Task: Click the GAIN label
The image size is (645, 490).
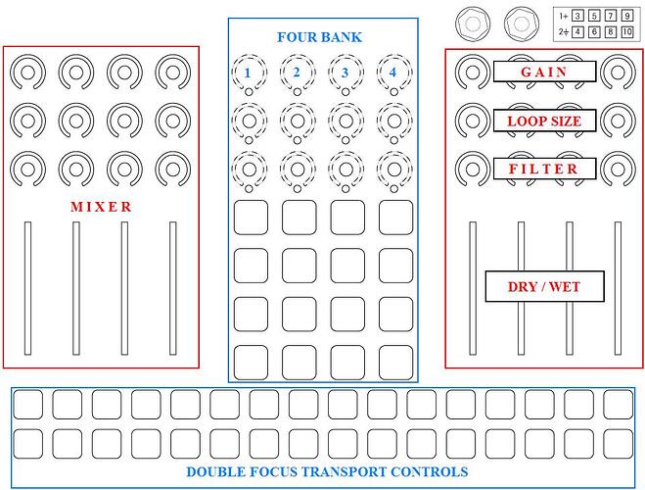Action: tap(543, 72)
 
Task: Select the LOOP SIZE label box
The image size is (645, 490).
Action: tap(543, 122)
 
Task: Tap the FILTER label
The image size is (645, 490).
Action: tap(543, 169)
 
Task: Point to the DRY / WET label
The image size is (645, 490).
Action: tap(543, 287)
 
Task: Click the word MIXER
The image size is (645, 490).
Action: tap(101, 207)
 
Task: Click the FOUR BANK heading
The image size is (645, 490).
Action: tap(319, 37)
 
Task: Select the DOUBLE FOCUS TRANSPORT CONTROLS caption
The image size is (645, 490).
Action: tap(327, 471)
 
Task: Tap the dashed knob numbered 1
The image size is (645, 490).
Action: tap(249, 73)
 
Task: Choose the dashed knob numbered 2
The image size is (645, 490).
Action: tap(297, 73)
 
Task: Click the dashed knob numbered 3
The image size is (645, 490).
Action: tap(345, 73)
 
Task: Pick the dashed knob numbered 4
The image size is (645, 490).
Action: tap(392, 73)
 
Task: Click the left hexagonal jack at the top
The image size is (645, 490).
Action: tap(474, 22)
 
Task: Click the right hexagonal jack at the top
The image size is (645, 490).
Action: tap(520, 22)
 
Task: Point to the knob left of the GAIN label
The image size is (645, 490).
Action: tap(471, 71)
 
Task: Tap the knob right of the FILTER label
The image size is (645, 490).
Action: tap(617, 168)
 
